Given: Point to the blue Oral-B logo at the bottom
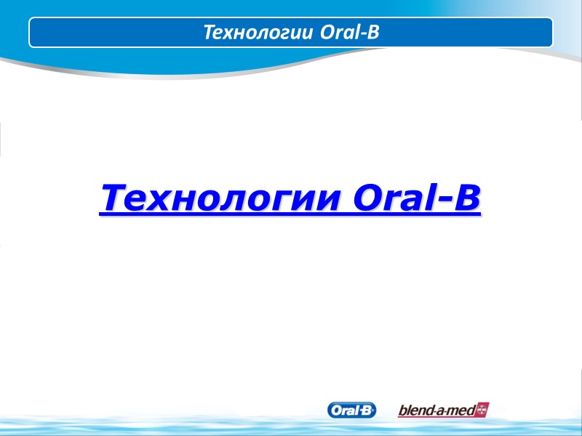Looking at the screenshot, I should (x=352, y=410).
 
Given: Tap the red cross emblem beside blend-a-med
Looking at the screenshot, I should (x=481, y=410).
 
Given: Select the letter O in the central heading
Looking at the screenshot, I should (x=367, y=198).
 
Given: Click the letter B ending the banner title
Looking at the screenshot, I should (x=374, y=33).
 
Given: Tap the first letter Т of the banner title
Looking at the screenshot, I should (x=208, y=33).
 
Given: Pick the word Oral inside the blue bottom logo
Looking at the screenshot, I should (x=344, y=410).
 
